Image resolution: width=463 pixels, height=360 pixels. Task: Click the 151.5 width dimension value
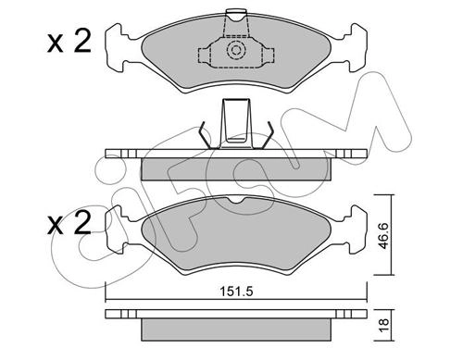pyautogui.click(x=236, y=292)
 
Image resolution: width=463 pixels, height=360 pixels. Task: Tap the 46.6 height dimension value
pyautogui.click(x=383, y=235)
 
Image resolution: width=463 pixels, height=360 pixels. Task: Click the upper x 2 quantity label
pyautogui.click(x=69, y=43)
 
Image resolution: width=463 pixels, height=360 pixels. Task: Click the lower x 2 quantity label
pyautogui.click(x=69, y=223)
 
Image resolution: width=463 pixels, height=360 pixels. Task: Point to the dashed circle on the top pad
pyautogui.click(x=236, y=50)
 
